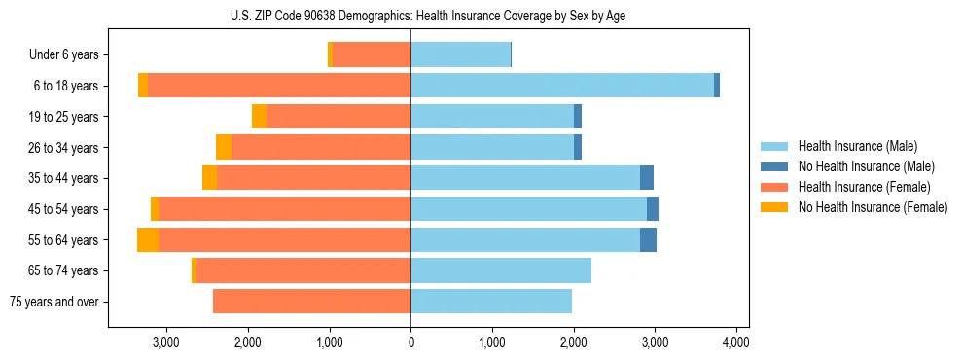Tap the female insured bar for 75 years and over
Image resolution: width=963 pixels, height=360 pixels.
(311, 302)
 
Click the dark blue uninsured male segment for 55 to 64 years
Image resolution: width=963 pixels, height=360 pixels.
(648, 240)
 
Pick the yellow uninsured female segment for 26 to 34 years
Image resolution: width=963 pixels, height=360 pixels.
(224, 147)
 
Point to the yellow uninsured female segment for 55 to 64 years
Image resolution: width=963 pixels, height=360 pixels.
(148, 240)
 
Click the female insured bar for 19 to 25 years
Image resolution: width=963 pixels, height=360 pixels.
(339, 117)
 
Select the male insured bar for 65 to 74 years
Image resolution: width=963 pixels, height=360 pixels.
(501, 270)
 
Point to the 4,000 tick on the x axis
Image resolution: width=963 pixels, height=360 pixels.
(735, 342)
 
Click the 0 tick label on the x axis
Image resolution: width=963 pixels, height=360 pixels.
(410, 342)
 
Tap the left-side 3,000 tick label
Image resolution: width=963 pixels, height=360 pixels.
(166, 342)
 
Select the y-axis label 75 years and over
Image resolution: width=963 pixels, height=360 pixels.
(54, 302)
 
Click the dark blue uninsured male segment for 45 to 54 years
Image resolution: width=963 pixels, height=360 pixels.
(653, 209)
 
